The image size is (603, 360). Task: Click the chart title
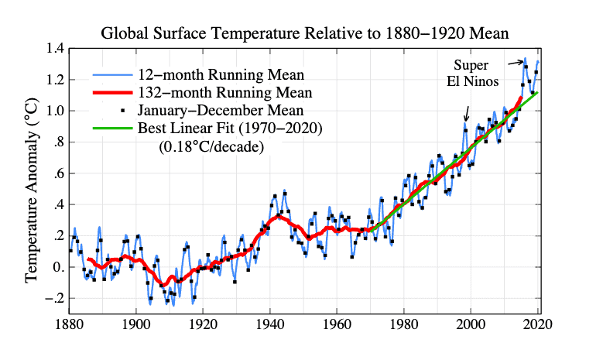pyautogui.click(x=304, y=33)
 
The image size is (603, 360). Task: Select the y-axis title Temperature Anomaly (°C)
pyautogui.click(x=32, y=190)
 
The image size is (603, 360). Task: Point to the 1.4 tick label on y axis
pyautogui.click(x=55, y=49)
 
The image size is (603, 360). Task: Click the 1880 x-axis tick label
pyautogui.click(x=69, y=324)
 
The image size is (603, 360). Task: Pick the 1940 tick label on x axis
pyautogui.click(x=270, y=324)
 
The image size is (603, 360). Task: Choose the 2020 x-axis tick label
pyautogui.click(x=538, y=324)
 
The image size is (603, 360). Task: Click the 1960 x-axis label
pyautogui.click(x=337, y=324)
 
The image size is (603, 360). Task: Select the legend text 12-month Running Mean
pyautogui.click(x=221, y=74)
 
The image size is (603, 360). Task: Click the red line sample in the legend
pyautogui.click(x=113, y=93)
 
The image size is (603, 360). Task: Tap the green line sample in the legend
pyautogui.click(x=113, y=128)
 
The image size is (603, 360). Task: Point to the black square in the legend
pyautogui.click(x=122, y=111)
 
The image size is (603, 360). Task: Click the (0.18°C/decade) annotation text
pyautogui.click(x=211, y=146)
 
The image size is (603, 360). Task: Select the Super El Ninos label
pyautogui.click(x=472, y=73)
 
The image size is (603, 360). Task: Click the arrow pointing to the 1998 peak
pyautogui.click(x=467, y=114)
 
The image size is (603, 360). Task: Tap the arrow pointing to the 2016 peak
pyautogui.click(x=516, y=63)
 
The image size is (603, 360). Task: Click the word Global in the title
pyautogui.click(x=125, y=33)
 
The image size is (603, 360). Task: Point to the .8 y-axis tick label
pyautogui.click(x=58, y=142)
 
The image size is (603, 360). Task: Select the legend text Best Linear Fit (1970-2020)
pyautogui.click(x=230, y=128)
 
